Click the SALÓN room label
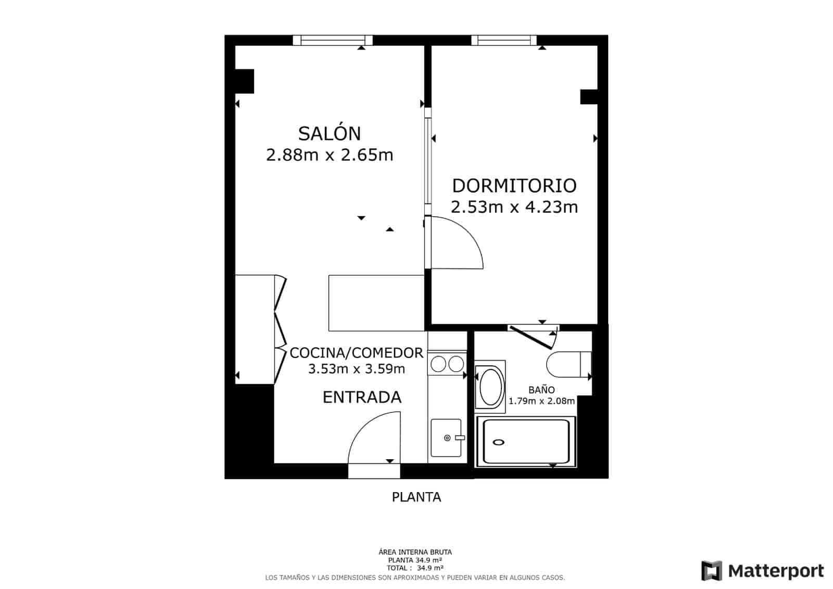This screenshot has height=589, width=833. (x=330, y=133)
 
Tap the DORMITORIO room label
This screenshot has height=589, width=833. (x=514, y=186)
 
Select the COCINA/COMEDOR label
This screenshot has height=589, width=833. (x=357, y=353)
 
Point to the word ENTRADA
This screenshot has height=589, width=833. (x=362, y=397)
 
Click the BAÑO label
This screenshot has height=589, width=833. (x=541, y=389)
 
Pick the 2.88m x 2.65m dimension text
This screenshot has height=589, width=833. (x=330, y=155)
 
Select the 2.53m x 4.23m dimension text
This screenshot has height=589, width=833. (x=514, y=207)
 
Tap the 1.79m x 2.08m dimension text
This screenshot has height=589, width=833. (x=541, y=401)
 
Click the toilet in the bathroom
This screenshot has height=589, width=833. (x=567, y=364)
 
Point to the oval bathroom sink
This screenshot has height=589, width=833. (x=490, y=386)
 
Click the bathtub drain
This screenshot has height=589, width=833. (x=498, y=443)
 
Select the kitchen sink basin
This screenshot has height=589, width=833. (x=446, y=438)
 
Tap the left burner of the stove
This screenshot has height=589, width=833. (x=438, y=364)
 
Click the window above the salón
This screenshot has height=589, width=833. (x=333, y=40)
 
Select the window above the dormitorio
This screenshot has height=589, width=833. (x=504, y=40)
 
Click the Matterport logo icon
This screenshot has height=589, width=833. (x=712, y=571)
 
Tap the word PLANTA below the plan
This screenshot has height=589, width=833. (x=416, y=497)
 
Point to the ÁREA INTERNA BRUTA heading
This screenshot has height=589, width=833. (x=415, y=552)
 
